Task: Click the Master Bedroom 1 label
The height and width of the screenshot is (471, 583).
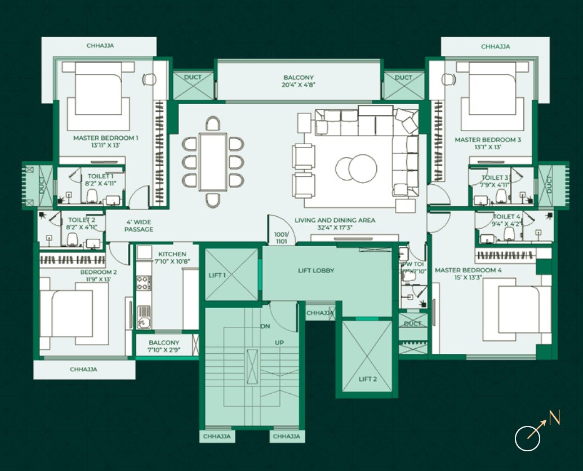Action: pos(105,137)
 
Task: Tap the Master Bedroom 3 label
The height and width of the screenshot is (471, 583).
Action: pos(488,139)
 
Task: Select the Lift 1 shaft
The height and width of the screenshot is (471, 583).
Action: pos(232,275)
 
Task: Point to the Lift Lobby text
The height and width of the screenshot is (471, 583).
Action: pos(316,270)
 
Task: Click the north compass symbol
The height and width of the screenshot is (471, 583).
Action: pos(528,438)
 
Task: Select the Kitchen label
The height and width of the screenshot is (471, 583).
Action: pos(172,254)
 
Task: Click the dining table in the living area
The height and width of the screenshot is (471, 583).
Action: pos(213,162)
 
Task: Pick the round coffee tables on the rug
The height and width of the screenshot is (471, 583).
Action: pos(357,168)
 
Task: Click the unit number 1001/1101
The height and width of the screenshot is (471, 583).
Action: pos(281,238)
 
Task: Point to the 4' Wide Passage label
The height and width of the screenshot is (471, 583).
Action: pos(139,225)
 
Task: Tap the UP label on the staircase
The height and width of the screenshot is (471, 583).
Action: pos(279,342)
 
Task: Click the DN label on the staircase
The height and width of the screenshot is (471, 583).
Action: pos(265,326)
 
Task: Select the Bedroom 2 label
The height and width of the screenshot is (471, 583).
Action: pos(99,272)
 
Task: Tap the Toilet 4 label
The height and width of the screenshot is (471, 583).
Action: pos(507,216)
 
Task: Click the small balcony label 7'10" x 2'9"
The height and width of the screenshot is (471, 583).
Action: pos(164,350)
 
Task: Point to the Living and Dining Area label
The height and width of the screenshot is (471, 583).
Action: pos(335,220)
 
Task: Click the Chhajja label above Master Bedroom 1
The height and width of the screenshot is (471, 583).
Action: pos(100,46)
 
